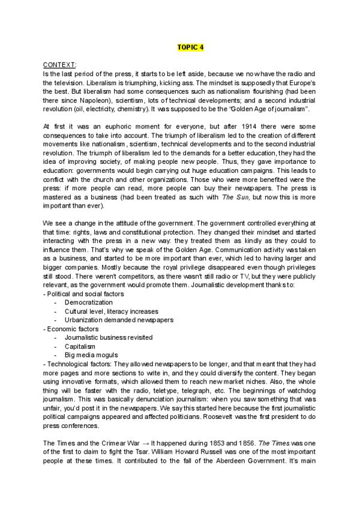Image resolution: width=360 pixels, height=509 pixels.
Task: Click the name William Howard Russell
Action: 130,451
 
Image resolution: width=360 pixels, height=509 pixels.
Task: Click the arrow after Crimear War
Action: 137,443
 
